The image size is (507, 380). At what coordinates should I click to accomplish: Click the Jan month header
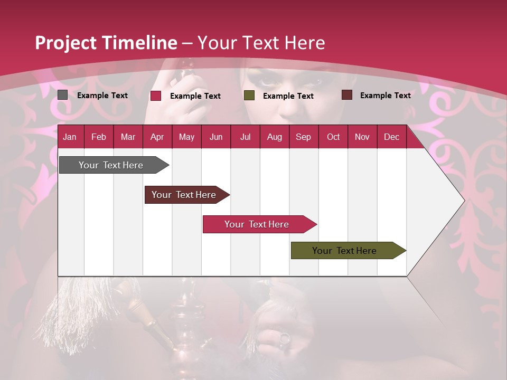click(70, 137)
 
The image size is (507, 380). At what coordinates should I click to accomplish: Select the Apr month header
click(157, 137)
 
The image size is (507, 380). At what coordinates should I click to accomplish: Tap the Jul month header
click(245, 137)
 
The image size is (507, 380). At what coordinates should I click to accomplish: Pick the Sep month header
click(303, 137)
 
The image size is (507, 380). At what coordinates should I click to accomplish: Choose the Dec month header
click(391, 137)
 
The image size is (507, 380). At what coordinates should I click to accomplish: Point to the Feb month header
click(99, 137)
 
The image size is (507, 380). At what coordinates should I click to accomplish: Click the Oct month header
click(333, 137)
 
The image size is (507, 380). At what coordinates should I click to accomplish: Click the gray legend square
click(63, 95)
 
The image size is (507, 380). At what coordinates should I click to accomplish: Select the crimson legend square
click(156, 96)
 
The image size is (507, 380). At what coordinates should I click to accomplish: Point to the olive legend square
click(249, 96)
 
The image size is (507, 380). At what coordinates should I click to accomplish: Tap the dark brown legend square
click(347, 95)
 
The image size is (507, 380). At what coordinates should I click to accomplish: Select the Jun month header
click(216, 137)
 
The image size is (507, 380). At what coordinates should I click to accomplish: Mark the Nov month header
click(362, 137)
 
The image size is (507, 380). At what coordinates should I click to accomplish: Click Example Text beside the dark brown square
click(385, 96)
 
